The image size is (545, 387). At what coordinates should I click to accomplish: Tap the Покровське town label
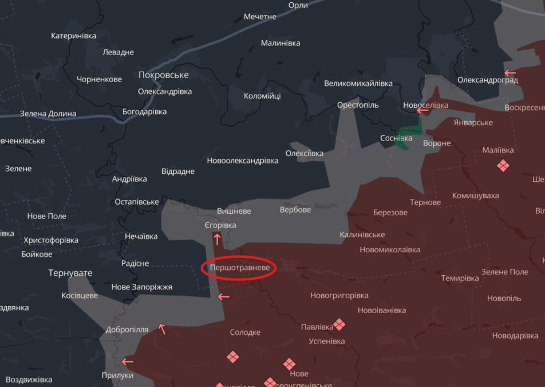[163, 75]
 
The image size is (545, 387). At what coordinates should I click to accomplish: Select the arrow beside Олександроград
[510, 73]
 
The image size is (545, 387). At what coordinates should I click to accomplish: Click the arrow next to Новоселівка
[422, 110]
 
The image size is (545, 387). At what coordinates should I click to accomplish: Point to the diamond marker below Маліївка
[503, 166]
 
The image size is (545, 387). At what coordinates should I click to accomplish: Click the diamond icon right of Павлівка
[339, 325]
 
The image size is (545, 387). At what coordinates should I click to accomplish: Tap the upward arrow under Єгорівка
[217, 239]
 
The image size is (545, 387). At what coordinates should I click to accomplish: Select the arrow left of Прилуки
[127, 361]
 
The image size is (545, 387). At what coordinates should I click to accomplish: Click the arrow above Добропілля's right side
[162, 329]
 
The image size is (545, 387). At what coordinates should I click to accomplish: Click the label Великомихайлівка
[358, 83]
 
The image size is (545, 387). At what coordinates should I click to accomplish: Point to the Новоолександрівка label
[243, 161]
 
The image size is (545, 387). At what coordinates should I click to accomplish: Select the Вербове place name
[295, 210]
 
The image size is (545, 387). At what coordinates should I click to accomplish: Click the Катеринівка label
[73, 36]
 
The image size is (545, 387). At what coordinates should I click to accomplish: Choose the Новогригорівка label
[339, 296]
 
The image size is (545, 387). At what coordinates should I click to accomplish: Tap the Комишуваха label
[475, 196]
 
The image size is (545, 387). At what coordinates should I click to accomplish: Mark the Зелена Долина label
[48, 114]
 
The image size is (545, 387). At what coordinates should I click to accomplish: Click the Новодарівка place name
[515, 336]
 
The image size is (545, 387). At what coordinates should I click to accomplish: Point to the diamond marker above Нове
[289, 363]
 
